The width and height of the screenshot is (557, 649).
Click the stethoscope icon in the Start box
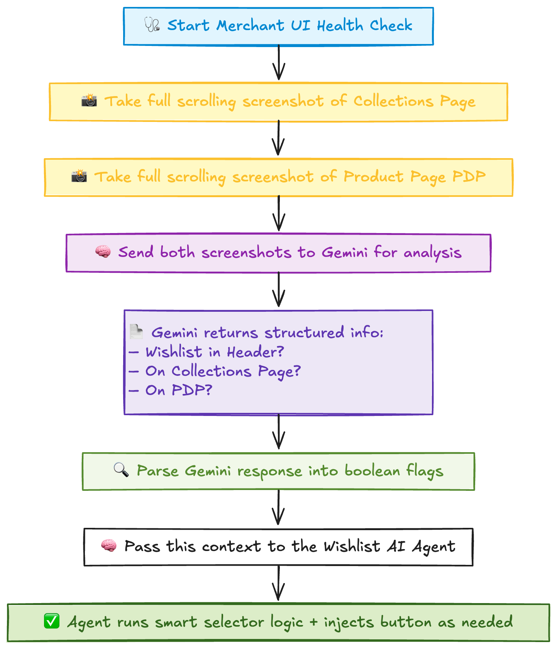[x=152, y=25]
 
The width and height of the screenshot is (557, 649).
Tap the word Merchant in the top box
[x=250, y=26]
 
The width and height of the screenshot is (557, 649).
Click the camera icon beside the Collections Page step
[x=89, y=100]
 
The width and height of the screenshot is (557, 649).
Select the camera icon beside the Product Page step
[x=79, y=176]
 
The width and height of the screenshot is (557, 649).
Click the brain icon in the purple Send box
[x=103, y=252]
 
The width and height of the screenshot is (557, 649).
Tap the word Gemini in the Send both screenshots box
[x=344, y=253]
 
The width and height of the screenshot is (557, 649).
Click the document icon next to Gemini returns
[x=136, y=332]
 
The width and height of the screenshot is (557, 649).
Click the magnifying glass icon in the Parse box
[x=121, y=470]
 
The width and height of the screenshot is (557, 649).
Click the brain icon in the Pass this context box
[x=109, y=546]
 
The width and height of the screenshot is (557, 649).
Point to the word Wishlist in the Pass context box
[x=352, y=547]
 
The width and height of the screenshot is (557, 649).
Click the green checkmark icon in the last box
[x=52, y=622]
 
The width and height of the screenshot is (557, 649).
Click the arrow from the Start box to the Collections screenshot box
[x=278, y=63]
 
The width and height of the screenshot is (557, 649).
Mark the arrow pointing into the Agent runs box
[x=278, y=584]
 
